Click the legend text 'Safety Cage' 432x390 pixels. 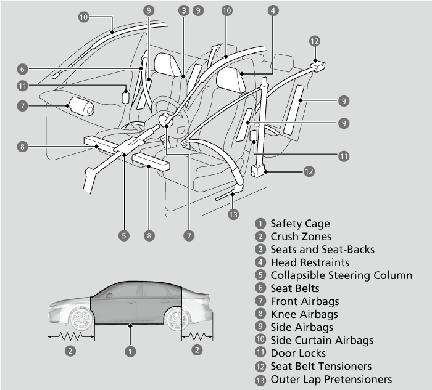pos(300,224)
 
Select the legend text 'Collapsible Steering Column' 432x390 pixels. pos(341,275)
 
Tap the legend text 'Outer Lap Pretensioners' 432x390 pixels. pos(331,380)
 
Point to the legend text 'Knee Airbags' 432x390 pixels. pos(304,314)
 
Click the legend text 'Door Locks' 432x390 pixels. pos(298,353)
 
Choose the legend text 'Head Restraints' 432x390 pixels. pos(310,262)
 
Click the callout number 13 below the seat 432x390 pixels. pos(233,214)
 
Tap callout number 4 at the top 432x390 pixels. pos(273,10)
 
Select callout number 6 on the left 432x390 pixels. pos(23,69)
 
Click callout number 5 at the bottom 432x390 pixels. pos(124,236)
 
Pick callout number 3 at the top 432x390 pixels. pos(184,10)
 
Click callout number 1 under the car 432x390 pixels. pos(130,351)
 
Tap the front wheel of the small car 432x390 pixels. pos(81,319)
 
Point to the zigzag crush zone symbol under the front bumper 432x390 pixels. pos(72,336)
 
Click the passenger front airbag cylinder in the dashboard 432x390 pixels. pos(81,107)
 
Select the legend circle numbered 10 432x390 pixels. pos(260,339)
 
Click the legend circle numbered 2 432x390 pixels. pos(260,236)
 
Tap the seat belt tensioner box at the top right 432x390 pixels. pos(318,67)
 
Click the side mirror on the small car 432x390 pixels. pos(109,296)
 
